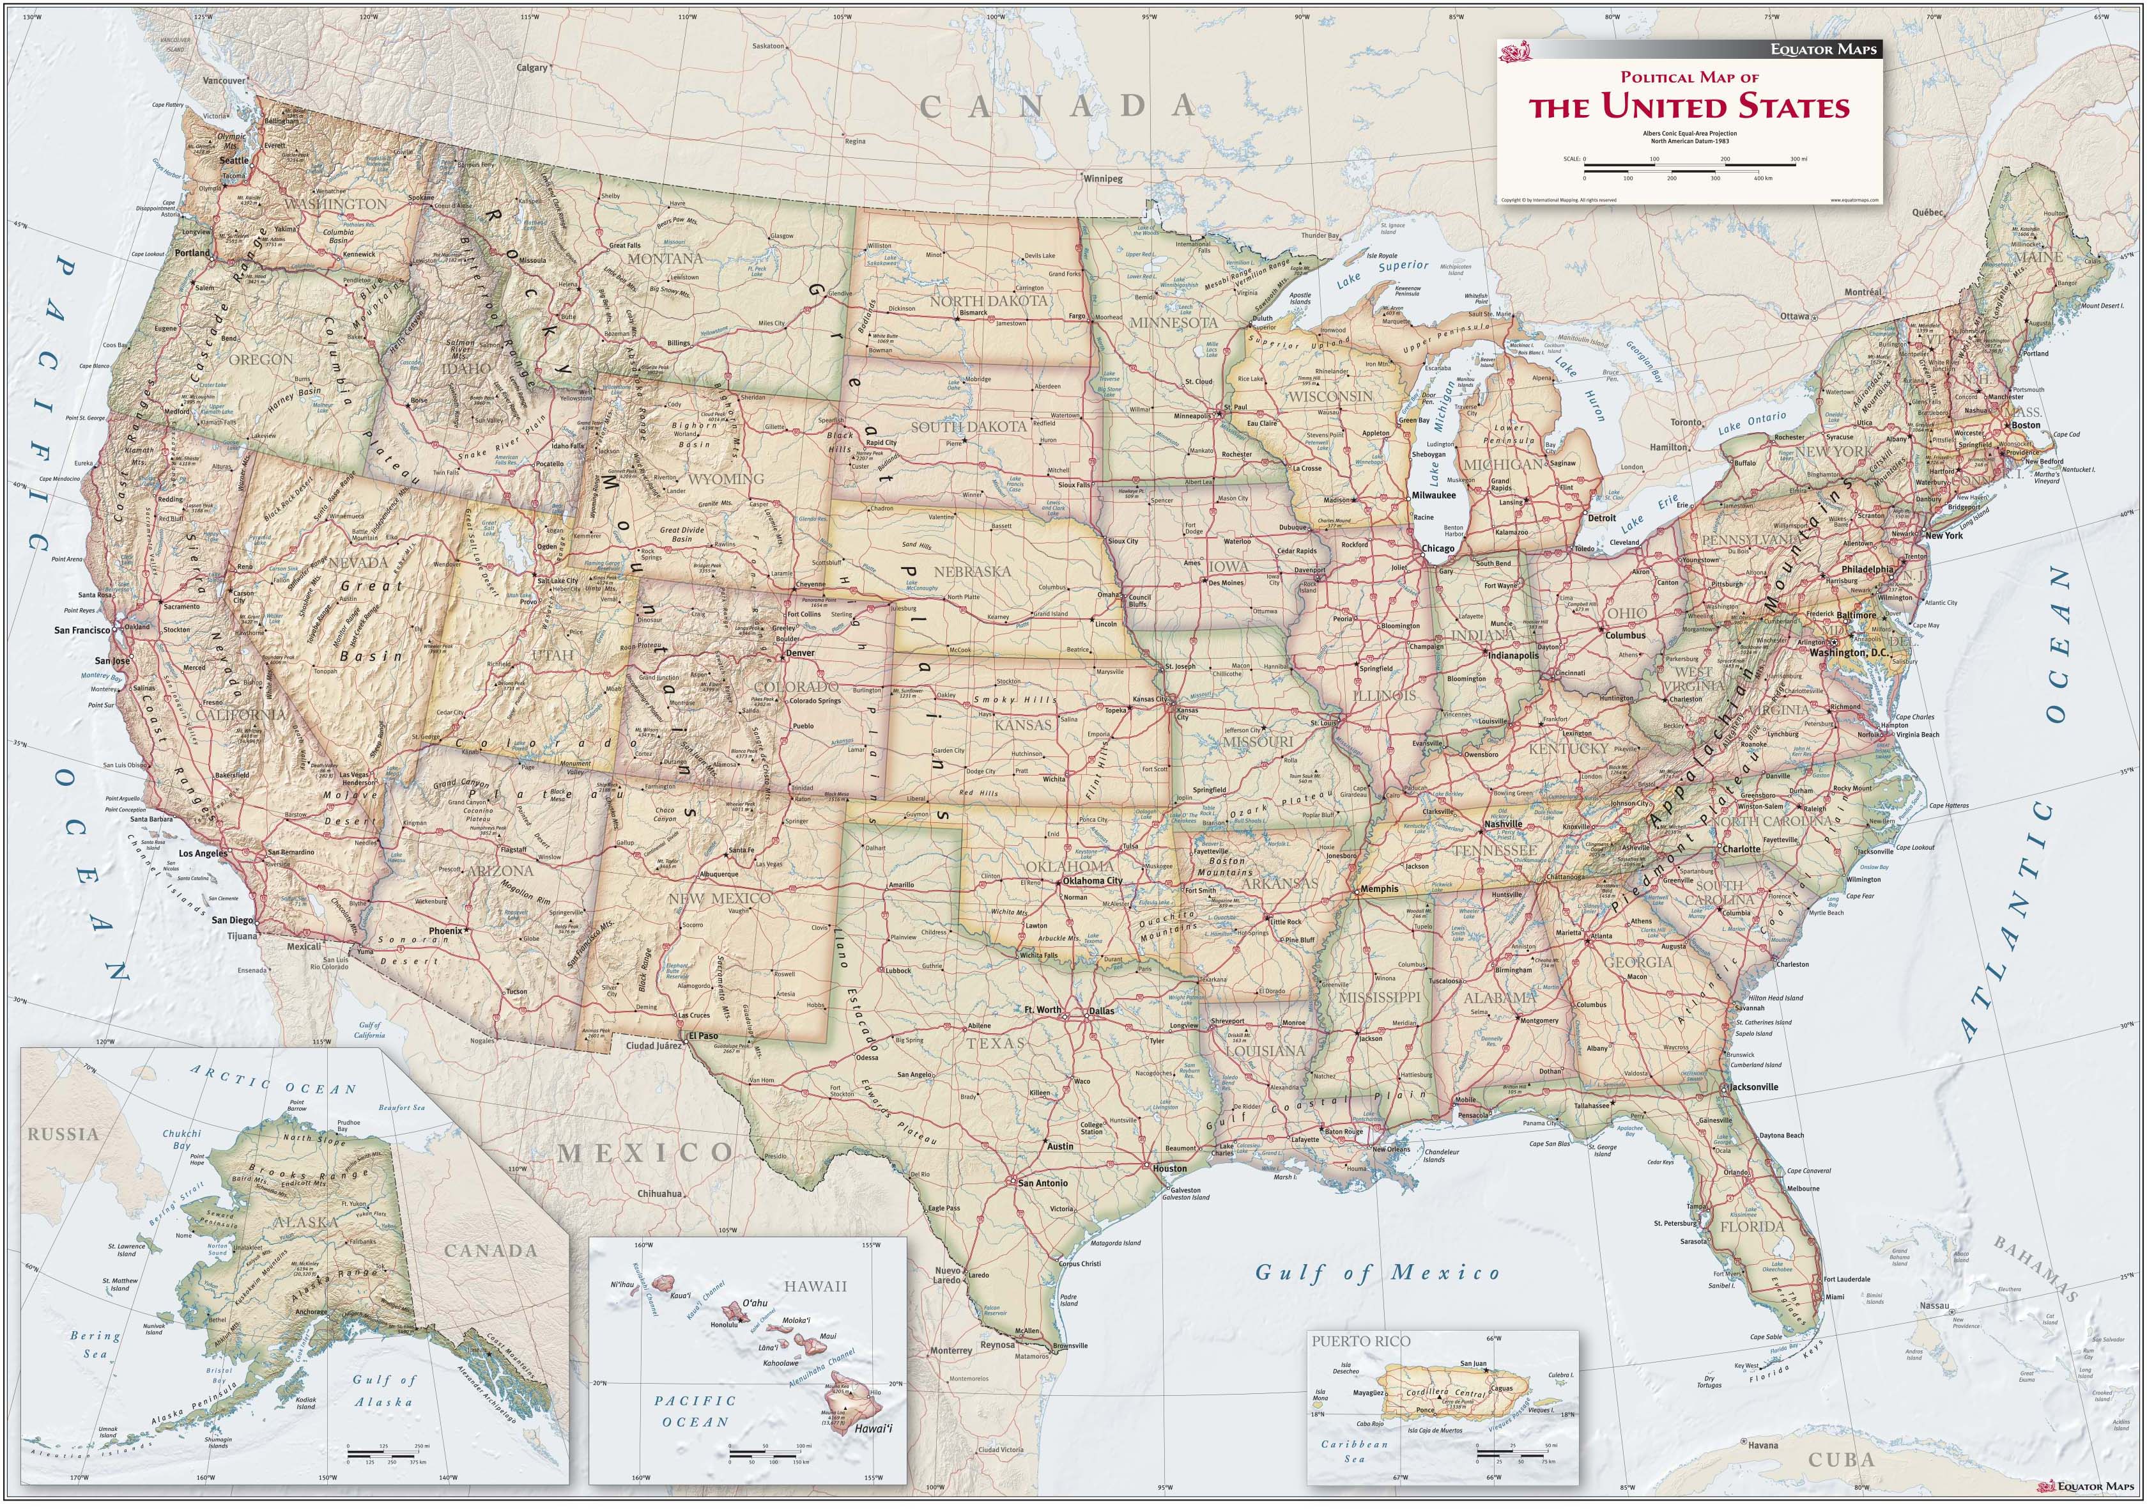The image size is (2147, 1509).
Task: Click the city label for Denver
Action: click(x=801, y=653)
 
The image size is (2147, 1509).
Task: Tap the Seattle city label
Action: click(x=234, y=160)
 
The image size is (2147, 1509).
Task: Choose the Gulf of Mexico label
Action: click(x=1376, y=1272)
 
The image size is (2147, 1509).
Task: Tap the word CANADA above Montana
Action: click(x=1058, y=106)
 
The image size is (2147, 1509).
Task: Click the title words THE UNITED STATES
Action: click(x=1689, y=107)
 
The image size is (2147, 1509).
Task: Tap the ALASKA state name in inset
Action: click(x=307, y=1222)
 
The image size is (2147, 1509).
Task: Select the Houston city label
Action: click(x=1170, y=1168)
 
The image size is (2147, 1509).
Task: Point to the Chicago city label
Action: click(x=1438, y=548)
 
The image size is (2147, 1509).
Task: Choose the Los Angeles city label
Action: click(x=203, y=854)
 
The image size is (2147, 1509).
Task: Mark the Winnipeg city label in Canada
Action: click(x=1104, y=178)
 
